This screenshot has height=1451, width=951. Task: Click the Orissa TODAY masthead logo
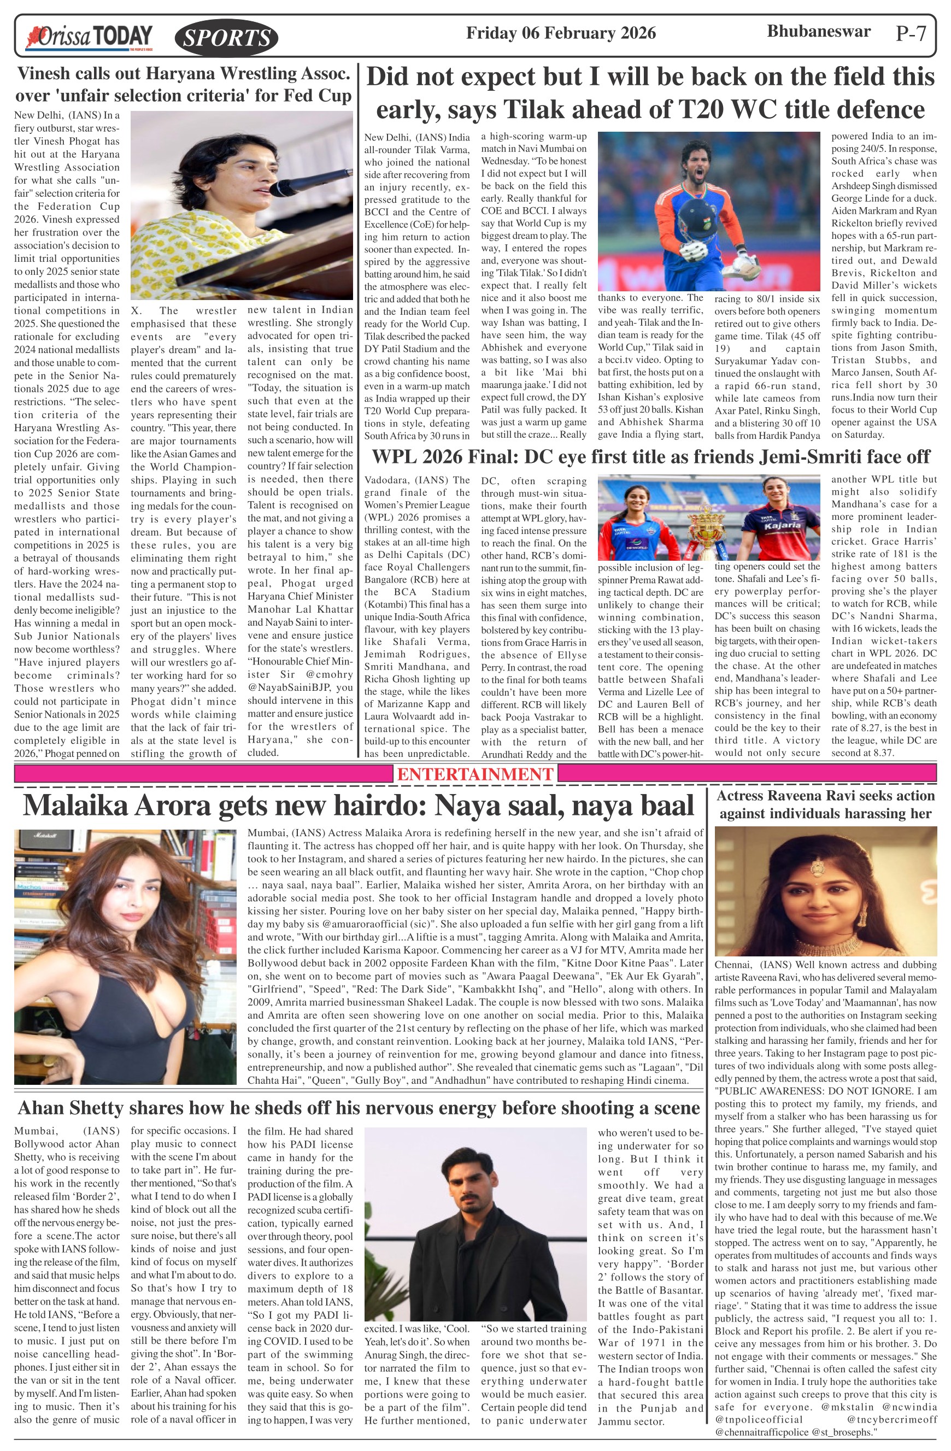[89, 37]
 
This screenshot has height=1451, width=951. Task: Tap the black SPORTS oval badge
[226, 38]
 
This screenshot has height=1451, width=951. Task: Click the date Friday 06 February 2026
[561, 33]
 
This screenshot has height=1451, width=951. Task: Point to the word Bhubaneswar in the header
[818, 31]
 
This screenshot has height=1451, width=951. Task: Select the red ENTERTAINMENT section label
[475, 774]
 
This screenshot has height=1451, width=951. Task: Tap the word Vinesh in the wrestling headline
[46, 74]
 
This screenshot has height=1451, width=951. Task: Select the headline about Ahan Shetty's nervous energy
[359, 1107]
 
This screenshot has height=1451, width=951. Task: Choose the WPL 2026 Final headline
[650, 457]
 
